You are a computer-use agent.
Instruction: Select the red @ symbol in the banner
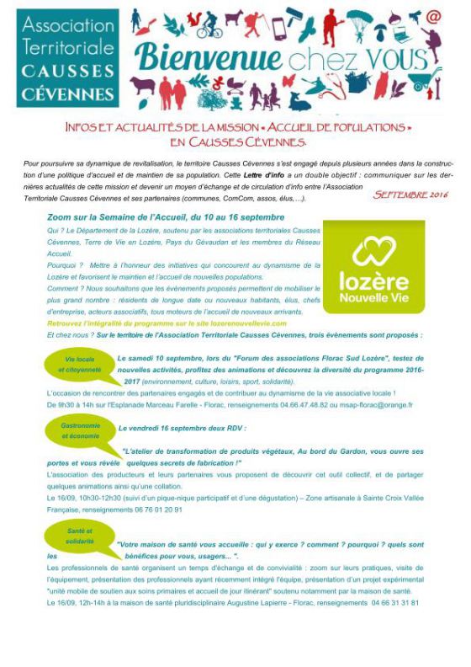[434, 16]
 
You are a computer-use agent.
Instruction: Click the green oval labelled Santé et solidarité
[80, 535]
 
